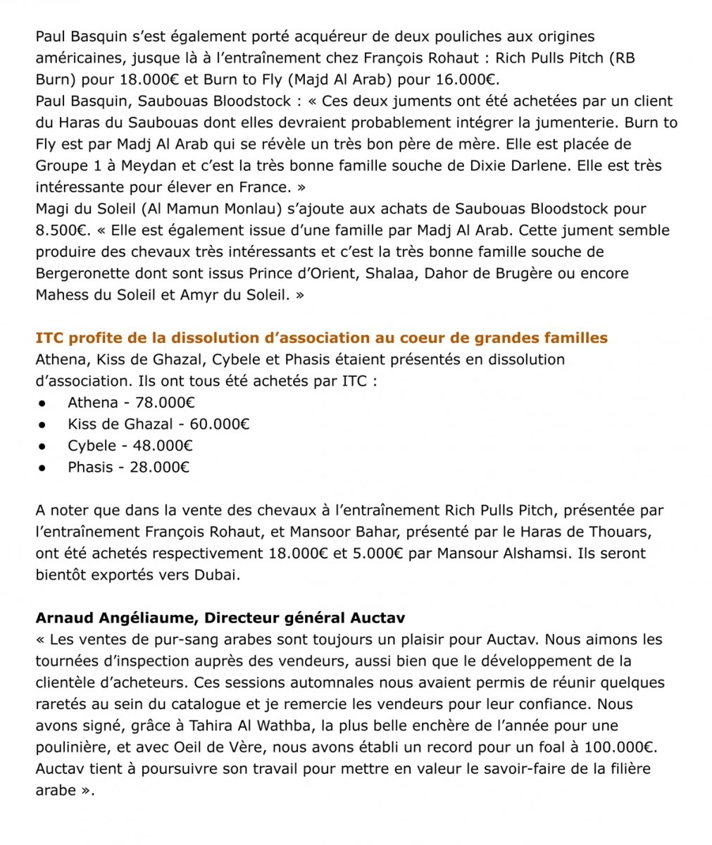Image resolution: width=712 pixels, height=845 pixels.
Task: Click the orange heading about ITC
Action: point(322,338)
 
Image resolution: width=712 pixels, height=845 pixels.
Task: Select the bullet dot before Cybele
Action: point(43,446)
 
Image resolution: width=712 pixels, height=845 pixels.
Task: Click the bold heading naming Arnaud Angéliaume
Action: point(220,618)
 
